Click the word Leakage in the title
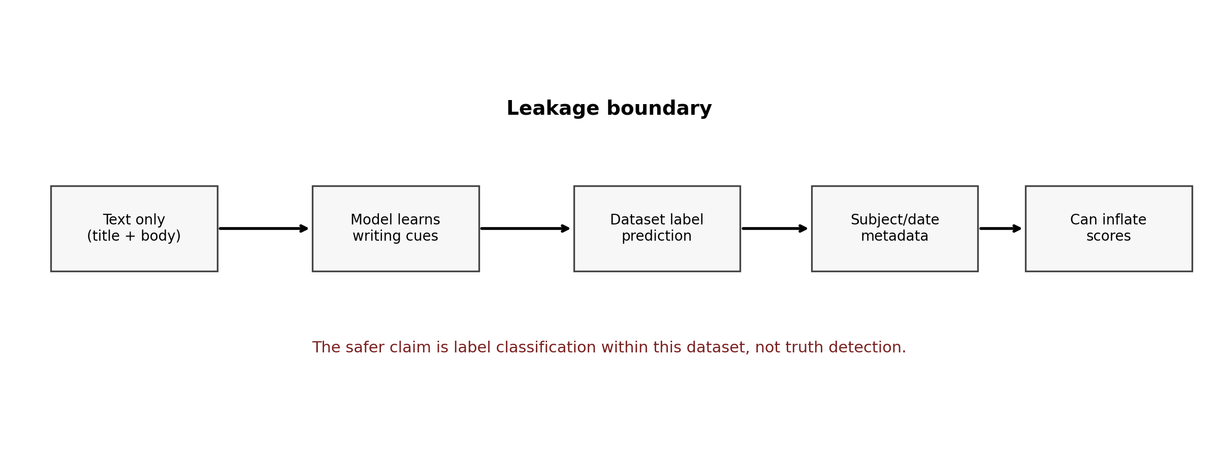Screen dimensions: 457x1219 tap(553, 109)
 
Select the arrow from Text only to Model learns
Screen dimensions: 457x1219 tap(264, 228)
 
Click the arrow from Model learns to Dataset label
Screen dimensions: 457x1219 tap(525, 228)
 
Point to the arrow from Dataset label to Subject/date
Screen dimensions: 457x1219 tap(775, 228)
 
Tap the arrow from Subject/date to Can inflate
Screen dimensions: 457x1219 tap(1000, 228)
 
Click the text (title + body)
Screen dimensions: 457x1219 tap(134, 236)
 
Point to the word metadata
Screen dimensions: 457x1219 tap(894, 236)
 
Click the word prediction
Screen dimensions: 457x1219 tap(657, 236)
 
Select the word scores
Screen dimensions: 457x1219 tap(1108, 236)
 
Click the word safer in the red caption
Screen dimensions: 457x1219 tap(364, 348)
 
